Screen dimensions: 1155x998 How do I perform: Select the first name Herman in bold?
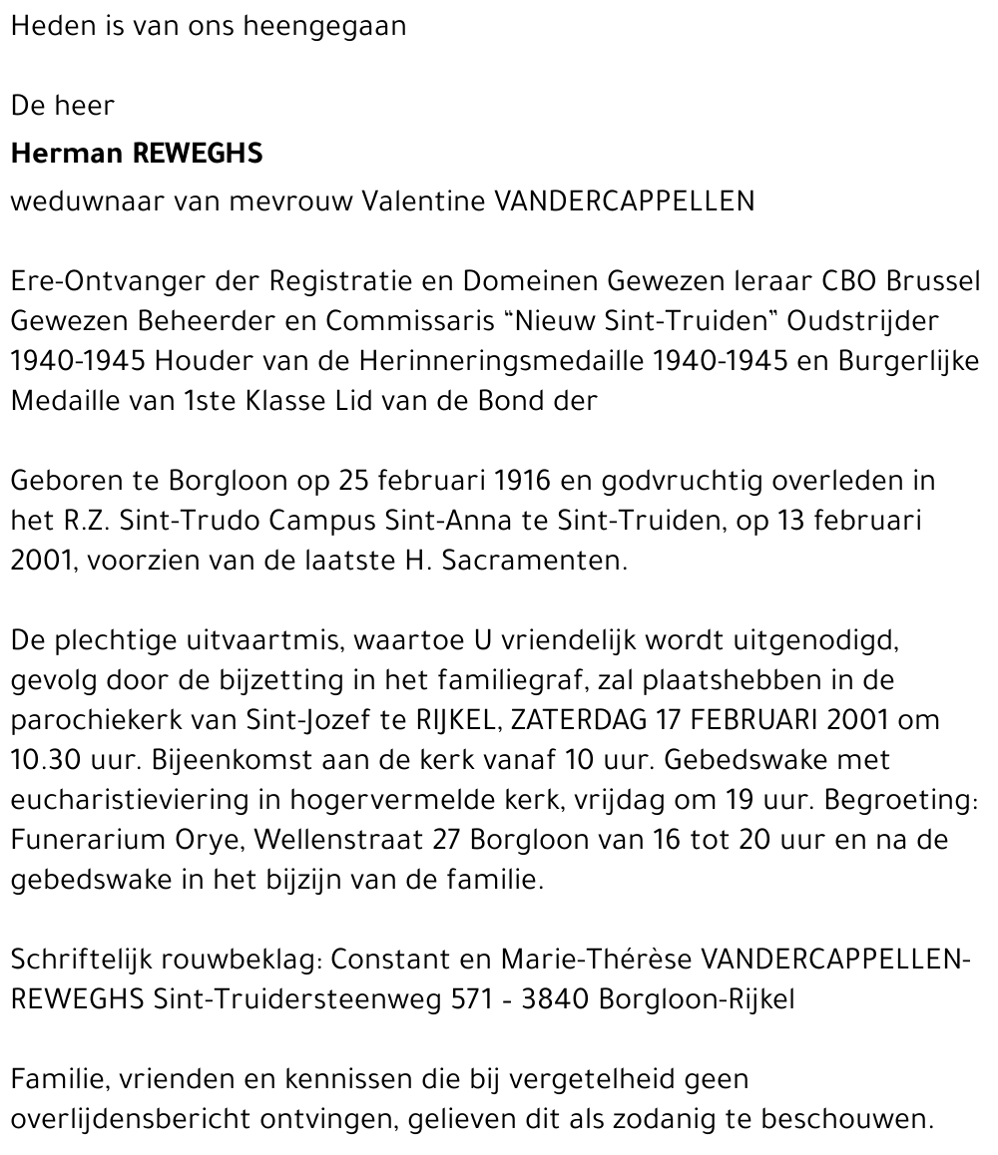click(x=66, y=154)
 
